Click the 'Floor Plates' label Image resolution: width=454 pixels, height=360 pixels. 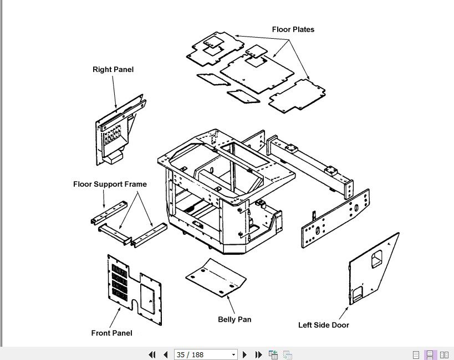293,29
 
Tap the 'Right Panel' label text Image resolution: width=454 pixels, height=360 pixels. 113,70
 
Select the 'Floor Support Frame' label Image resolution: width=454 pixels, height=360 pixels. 110,184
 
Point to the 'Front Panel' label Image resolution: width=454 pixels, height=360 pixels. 111,333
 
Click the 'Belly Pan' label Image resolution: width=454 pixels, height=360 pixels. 234,320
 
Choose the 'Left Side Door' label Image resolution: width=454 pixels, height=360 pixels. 323,325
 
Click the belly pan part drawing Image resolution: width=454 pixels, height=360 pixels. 216,277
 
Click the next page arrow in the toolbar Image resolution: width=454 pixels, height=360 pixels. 245,354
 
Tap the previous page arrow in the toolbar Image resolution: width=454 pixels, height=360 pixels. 165,354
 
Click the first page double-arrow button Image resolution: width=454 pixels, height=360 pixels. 152,354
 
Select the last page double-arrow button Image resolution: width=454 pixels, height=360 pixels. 258,354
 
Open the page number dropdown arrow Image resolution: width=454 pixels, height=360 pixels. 233,354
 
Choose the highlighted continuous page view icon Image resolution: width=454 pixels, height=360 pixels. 430,354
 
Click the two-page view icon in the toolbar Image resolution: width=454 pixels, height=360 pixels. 444,354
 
